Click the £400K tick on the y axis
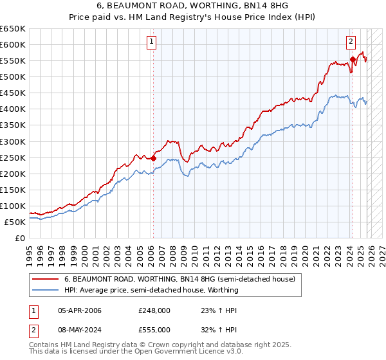pos(13,109)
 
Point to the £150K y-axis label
pos(13,190)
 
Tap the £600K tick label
pos(13,44)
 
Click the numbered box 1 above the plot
pos(151,42)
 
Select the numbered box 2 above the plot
pos(351,42)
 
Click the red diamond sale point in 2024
pos(353,59)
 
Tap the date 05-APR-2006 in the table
pos(79,310)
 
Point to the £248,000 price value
pos(154,310)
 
